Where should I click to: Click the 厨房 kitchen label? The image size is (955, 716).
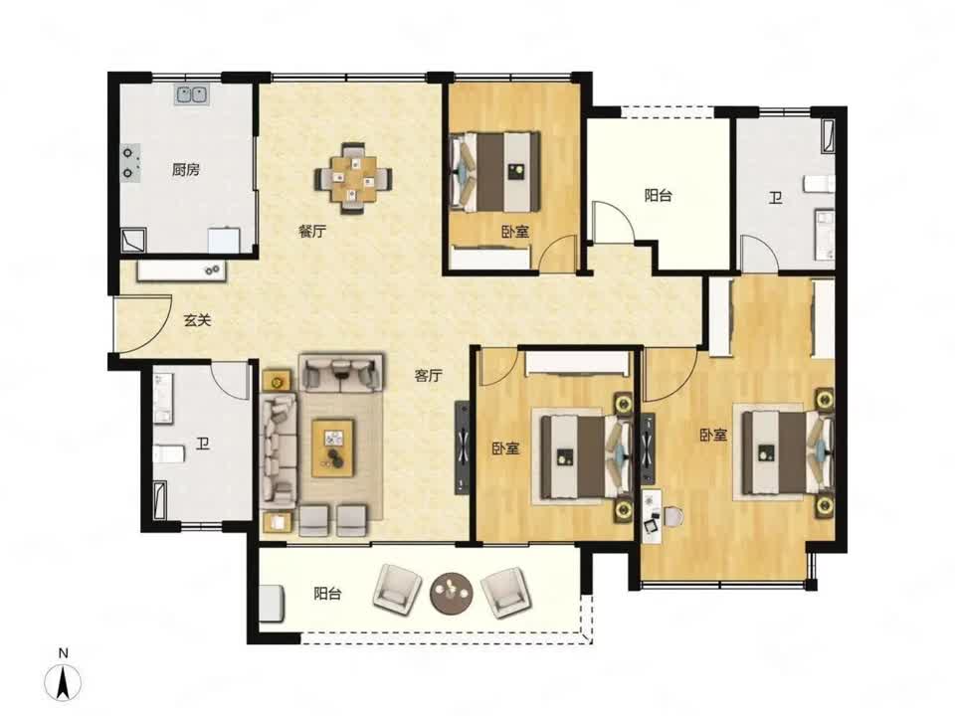coord(185,169)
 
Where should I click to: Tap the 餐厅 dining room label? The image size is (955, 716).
coord(312,232)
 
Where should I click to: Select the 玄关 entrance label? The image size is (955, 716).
coord(197,320)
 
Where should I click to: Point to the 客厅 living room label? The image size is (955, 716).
coord(428,376)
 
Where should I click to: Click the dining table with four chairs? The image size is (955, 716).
coord(353,178)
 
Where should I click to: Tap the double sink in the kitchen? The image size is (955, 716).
coord(192,94)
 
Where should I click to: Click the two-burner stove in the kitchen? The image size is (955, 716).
coord(130,163)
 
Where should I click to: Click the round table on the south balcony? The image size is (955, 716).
coord(452,591)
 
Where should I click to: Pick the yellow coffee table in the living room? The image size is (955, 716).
coord(333,447)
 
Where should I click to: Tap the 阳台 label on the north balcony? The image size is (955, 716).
coord(659,196)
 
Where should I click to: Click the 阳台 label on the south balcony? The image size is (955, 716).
coord(327,593)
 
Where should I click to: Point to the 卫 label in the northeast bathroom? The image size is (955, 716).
coord(775,197)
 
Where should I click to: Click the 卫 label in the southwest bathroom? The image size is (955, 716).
coord(202,444)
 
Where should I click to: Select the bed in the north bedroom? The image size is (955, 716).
coord(494,172)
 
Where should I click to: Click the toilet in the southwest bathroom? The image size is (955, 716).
coord(169,453)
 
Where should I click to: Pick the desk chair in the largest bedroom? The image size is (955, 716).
coord(673,516)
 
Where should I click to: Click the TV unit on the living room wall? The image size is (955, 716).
coord(463,447)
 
